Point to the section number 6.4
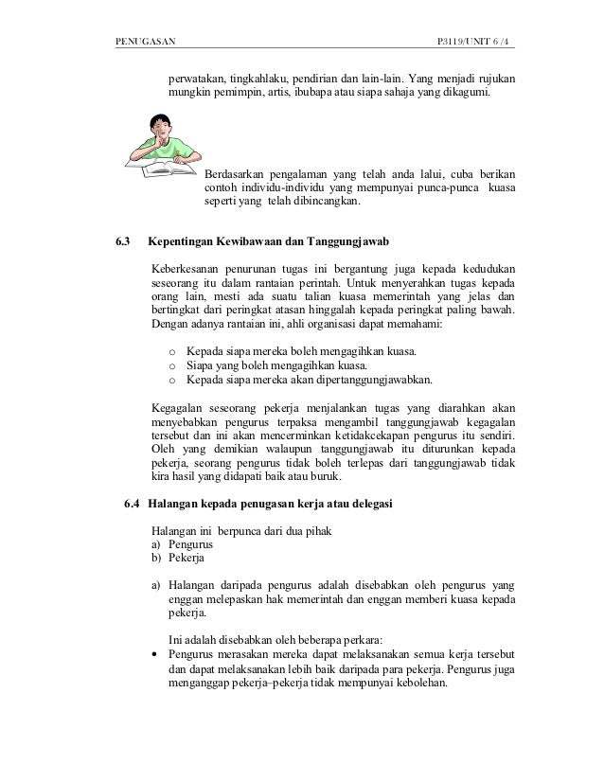[134, 501]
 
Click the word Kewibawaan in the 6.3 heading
[260, 242]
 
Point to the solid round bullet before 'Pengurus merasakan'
[155, 653]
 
